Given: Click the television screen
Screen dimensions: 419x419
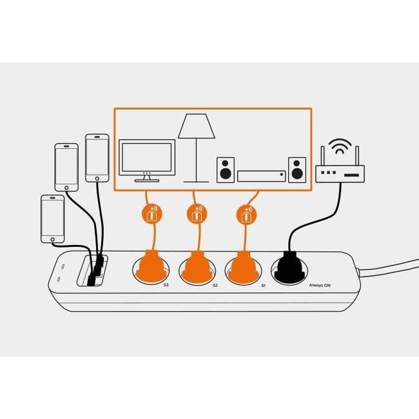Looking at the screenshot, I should pos(148,157).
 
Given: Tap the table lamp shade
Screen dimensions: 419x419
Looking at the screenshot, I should pos(196,126).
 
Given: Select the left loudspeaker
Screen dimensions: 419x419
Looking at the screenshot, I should pos(224,169).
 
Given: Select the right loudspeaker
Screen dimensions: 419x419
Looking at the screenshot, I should pos(297,169).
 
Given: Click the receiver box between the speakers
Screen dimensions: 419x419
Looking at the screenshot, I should pos(261,175).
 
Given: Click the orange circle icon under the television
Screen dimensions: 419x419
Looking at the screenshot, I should pos(150,213).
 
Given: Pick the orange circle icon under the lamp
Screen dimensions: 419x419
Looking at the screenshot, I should pos(196,213).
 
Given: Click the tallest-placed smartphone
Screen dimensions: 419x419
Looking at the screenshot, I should pos(97,158).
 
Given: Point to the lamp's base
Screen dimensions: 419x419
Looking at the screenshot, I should pos(196,181).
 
